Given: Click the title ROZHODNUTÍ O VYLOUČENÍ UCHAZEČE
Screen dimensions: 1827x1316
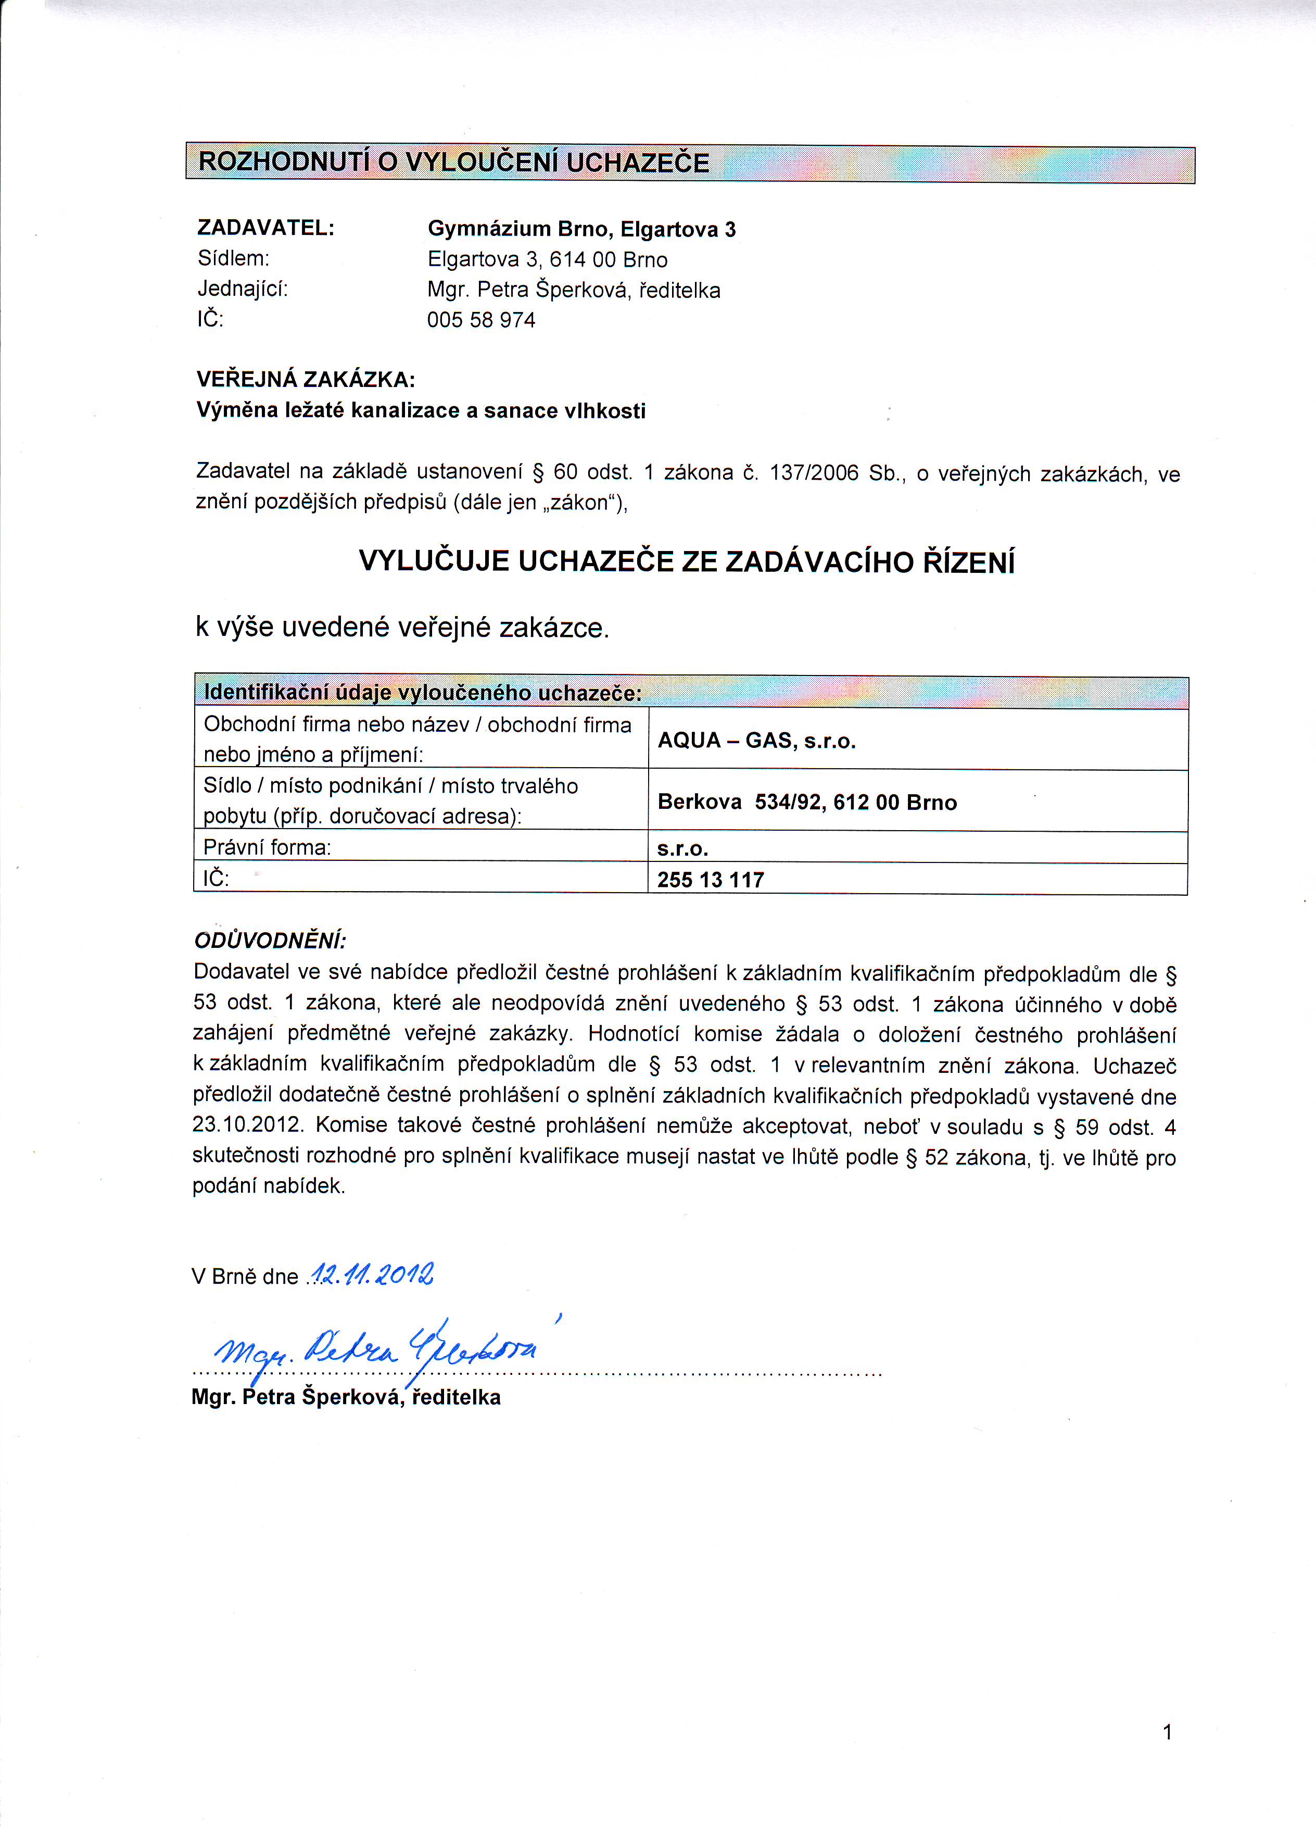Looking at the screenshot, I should click(x=453, y=162).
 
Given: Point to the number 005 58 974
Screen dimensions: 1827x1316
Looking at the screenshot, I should click(x=481, y=321).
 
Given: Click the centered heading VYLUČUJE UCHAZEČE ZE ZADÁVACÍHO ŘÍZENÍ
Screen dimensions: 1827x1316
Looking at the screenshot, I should click(x=686, y=561).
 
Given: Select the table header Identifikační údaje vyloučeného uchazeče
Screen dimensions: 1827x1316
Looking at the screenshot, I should click(x=423, y=693).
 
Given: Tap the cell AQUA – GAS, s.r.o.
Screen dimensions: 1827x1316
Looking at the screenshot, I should click(x=756, y=741).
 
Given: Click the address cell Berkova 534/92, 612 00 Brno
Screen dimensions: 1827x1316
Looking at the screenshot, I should click(x=807, y=803).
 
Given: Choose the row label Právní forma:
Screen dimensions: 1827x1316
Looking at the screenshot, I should click(x=268, y=847).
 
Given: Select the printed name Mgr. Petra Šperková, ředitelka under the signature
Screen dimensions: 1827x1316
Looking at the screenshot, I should click(x=346, y=1398).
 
